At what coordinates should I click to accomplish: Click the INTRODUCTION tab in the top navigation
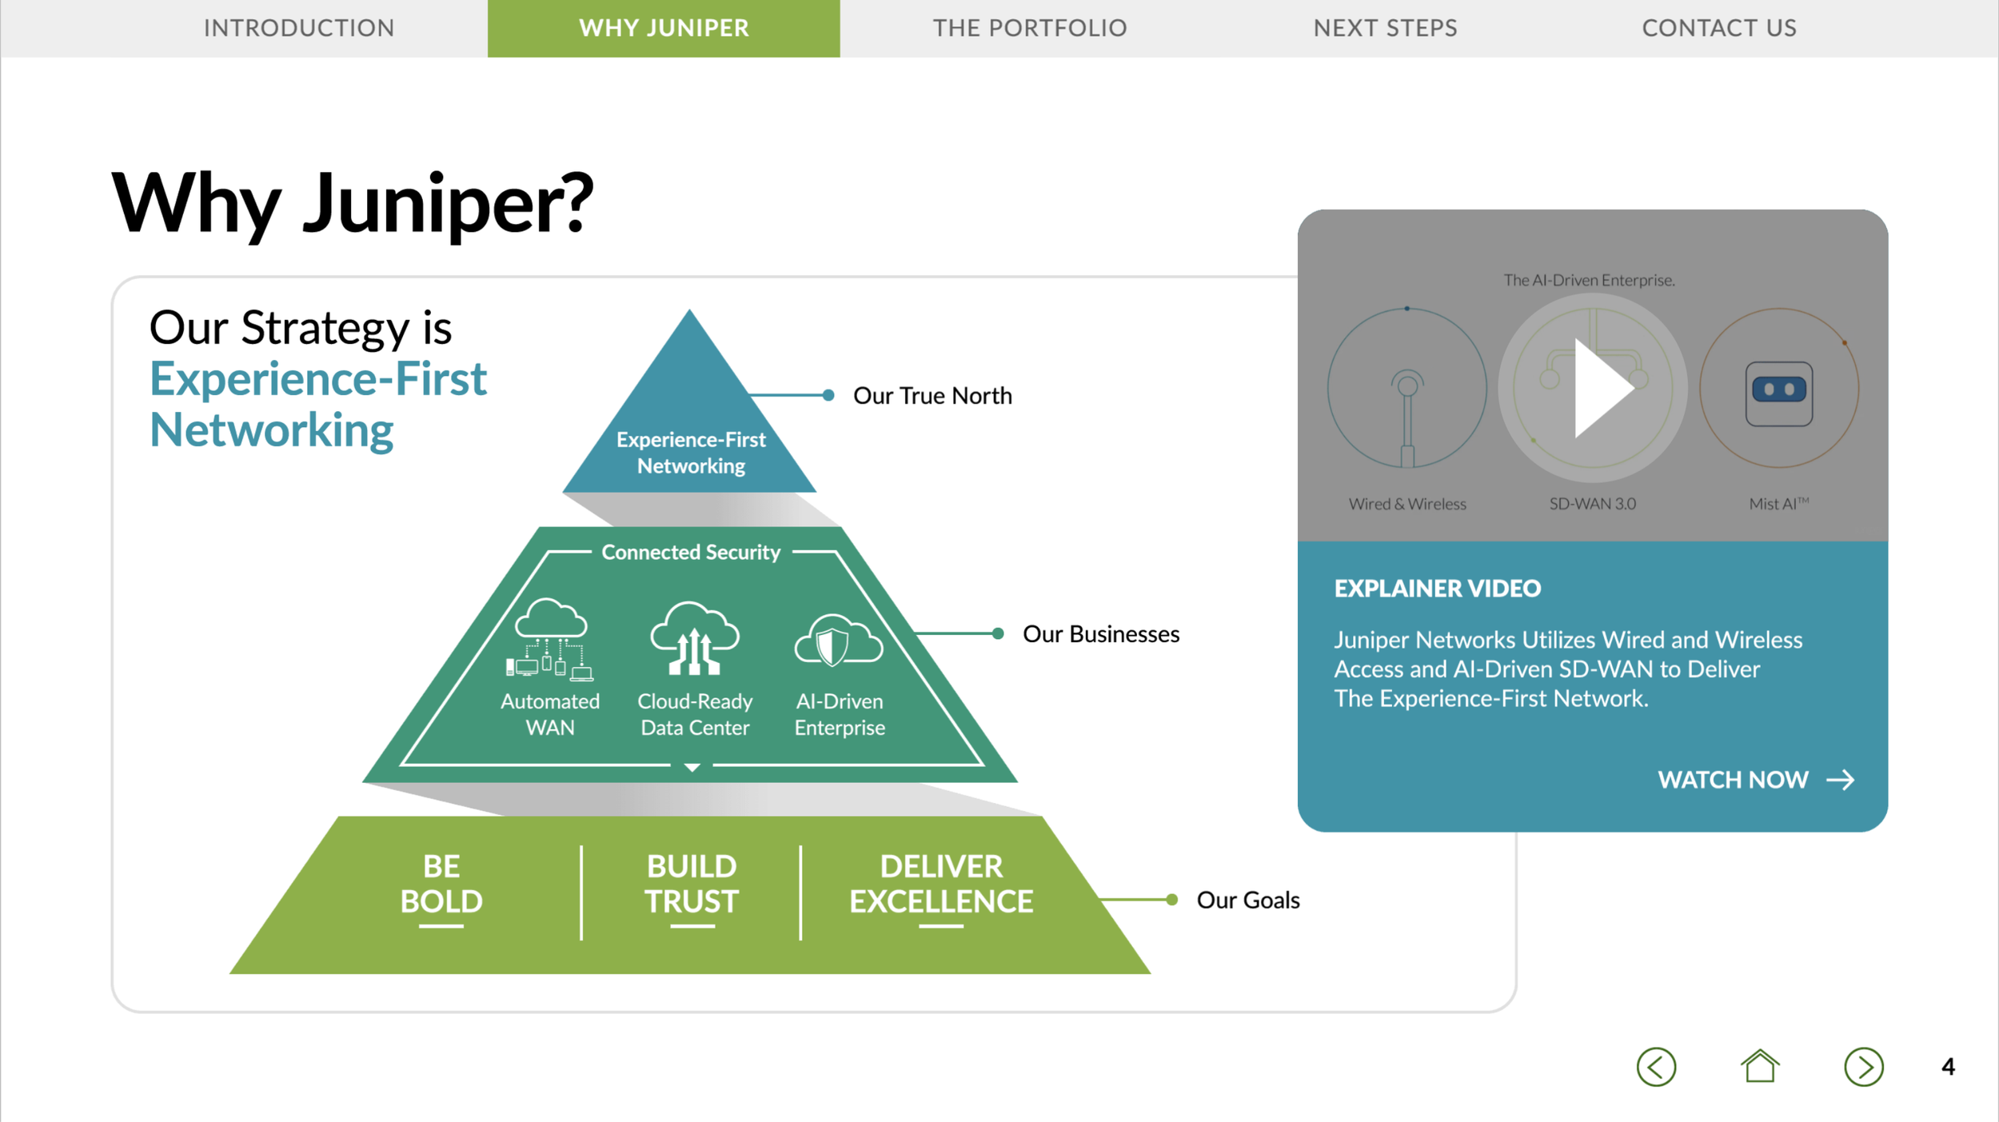(299, 28)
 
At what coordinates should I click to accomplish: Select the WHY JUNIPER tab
(664, 28)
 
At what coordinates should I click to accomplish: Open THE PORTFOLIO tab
(1030, 28)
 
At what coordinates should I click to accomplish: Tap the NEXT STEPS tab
(1385, 28)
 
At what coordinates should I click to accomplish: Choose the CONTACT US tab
(1719, 28)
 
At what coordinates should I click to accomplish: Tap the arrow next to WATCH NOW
(1841, 780)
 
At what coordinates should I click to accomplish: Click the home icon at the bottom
(1760, 1066)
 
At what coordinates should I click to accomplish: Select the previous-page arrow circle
(1656, 1067)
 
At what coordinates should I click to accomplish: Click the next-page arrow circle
(1864, 1067)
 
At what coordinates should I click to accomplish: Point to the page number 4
(1949, 1067)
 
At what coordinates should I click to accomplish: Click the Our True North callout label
(932, 396)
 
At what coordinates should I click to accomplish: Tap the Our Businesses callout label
(1101, 634)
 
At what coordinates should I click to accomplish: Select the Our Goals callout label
(1248, 900)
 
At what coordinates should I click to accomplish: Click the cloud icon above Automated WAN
(550, 639)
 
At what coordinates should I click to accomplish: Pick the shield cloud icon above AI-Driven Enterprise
(839, 641)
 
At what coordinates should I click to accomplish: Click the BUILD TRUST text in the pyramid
(692, 884)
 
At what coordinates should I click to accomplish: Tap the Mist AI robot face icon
(1779, 393)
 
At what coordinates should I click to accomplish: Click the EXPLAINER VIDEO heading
(1437, 589)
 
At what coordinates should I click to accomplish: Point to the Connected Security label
(691, 552)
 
